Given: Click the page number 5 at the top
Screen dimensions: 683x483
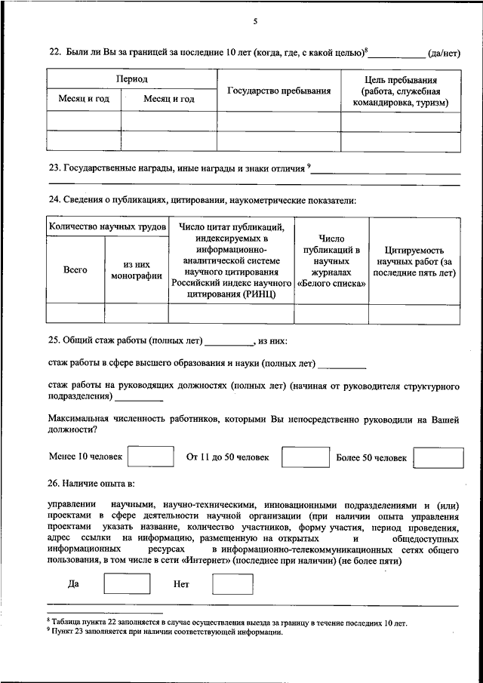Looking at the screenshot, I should (254, 21).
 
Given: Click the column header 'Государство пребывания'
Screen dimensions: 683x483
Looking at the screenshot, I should (279, 91).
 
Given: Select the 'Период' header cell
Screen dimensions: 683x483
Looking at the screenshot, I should (131, 78).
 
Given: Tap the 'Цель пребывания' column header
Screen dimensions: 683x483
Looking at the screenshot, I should (401, 91).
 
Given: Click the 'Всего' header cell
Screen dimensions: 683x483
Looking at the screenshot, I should (75, 269).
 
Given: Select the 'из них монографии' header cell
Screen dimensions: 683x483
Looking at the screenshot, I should (136, 270).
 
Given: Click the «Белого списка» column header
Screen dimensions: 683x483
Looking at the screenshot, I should (331, 284).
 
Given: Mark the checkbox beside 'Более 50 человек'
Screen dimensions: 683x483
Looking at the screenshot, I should (438, 457).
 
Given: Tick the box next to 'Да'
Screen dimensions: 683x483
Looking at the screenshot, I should (126, 584).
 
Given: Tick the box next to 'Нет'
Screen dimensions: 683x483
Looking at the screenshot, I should (232, 584).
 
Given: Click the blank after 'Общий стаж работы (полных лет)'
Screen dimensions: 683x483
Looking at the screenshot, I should (229, 342).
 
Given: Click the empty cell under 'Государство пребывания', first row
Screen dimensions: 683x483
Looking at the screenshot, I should (279, 121).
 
